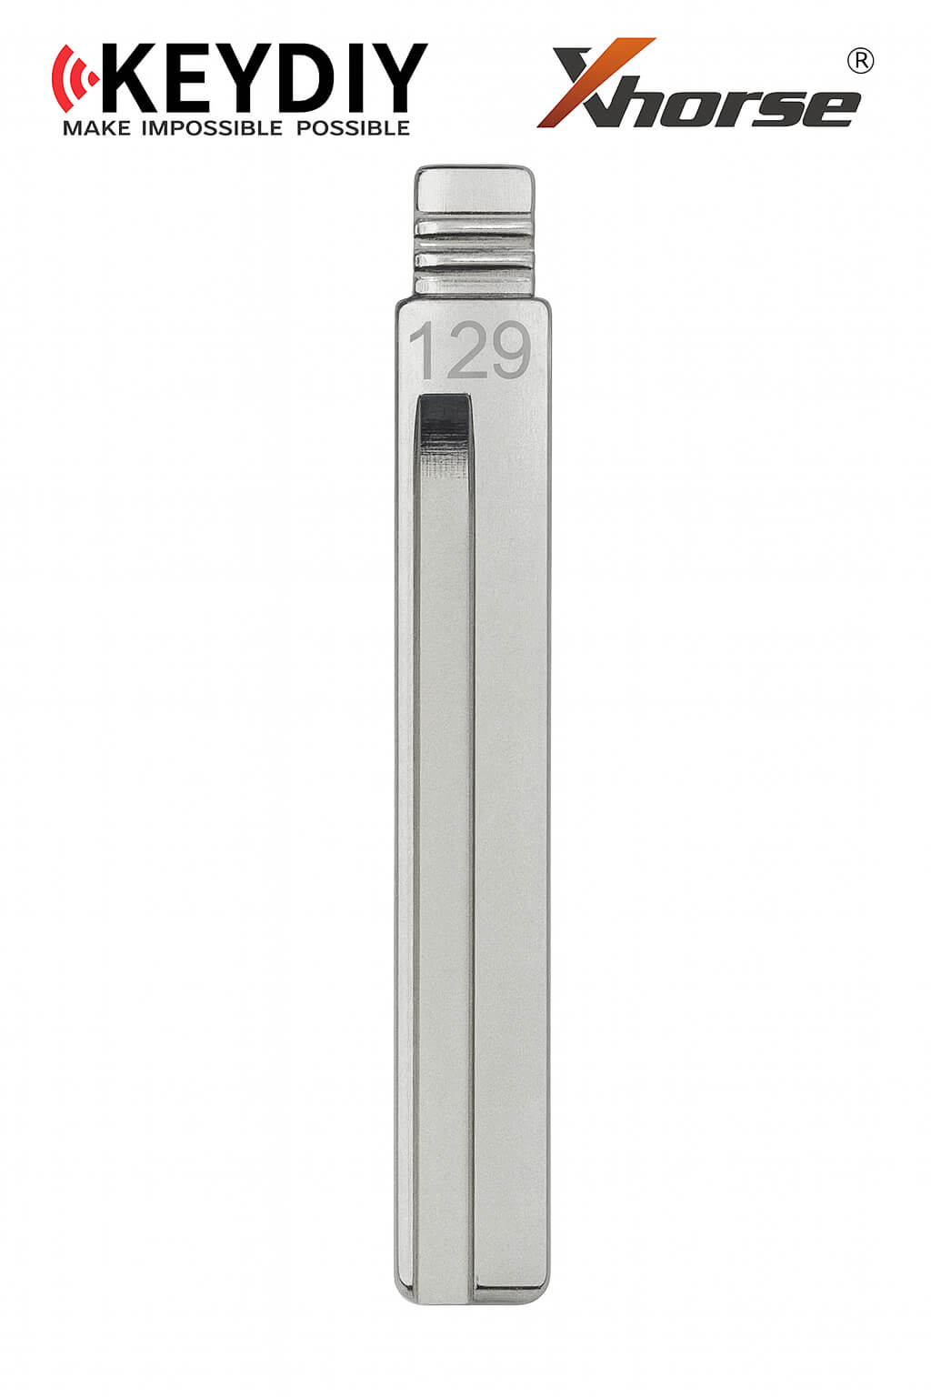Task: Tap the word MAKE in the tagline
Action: [x=96, y=128]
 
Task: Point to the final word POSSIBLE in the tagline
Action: [x=353, y=128]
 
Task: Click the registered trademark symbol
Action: [x=860, y=62]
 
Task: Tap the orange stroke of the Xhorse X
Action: [x=596, y=83]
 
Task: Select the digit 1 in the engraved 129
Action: [x=424, y=350]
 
